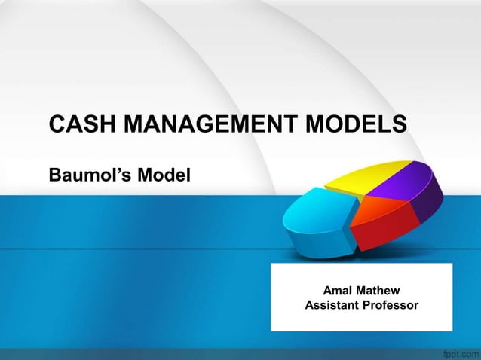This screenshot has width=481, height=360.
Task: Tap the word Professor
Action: pyautogui.click(x=392, y=306)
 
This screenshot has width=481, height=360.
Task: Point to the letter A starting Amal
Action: pyautogui.click(x=327, y=291)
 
